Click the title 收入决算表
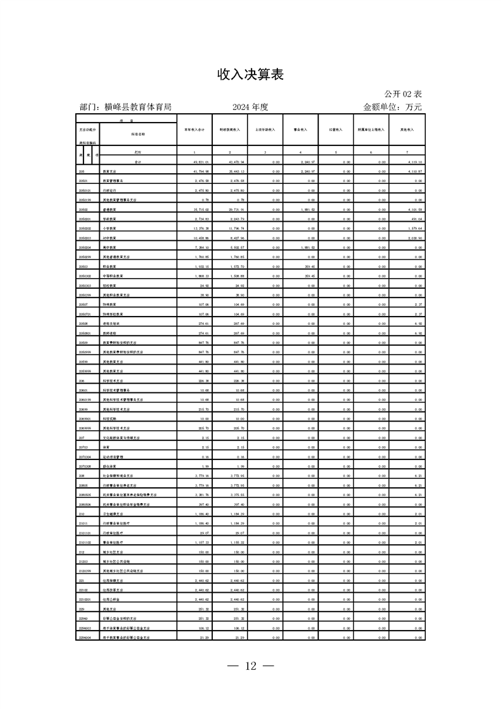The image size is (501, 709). coord(250,75)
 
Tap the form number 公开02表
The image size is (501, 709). coord(402,94)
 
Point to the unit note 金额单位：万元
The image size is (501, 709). coord(392,107)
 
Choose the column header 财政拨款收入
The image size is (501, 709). coord(229,130)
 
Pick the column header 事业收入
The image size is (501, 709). coord(300,130)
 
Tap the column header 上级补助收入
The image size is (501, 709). coord(265,130)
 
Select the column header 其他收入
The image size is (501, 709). coord(407,130)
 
